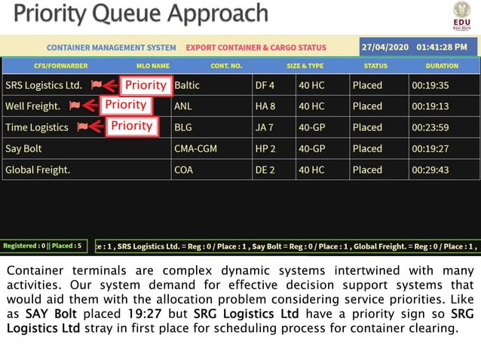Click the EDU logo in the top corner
461,14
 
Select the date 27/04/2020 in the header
385,47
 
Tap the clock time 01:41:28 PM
446,47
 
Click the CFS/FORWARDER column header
60,66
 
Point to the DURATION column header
442,66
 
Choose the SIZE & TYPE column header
305,66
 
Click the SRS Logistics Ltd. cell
44,85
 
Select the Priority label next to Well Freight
125,105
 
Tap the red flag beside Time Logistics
82,127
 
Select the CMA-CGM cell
195,148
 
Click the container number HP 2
265,148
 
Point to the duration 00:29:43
430,169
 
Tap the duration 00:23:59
430,127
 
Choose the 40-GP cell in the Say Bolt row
311,148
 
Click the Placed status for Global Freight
367,169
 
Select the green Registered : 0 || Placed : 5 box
44,246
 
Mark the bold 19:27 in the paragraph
144,314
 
